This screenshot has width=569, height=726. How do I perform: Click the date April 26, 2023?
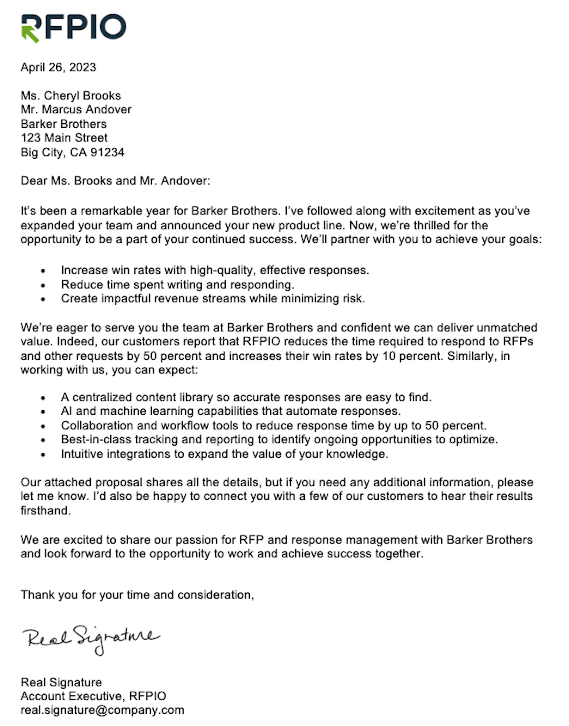pyautogui.click(x=58, y=68)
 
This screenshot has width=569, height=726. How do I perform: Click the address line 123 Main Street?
pyautogui.click(x=64, y=138)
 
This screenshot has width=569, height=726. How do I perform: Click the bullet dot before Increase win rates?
pyautogui.click(x=43, y=271)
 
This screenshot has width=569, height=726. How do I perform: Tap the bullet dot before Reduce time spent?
pyautogui.click(x=43, y=286)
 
